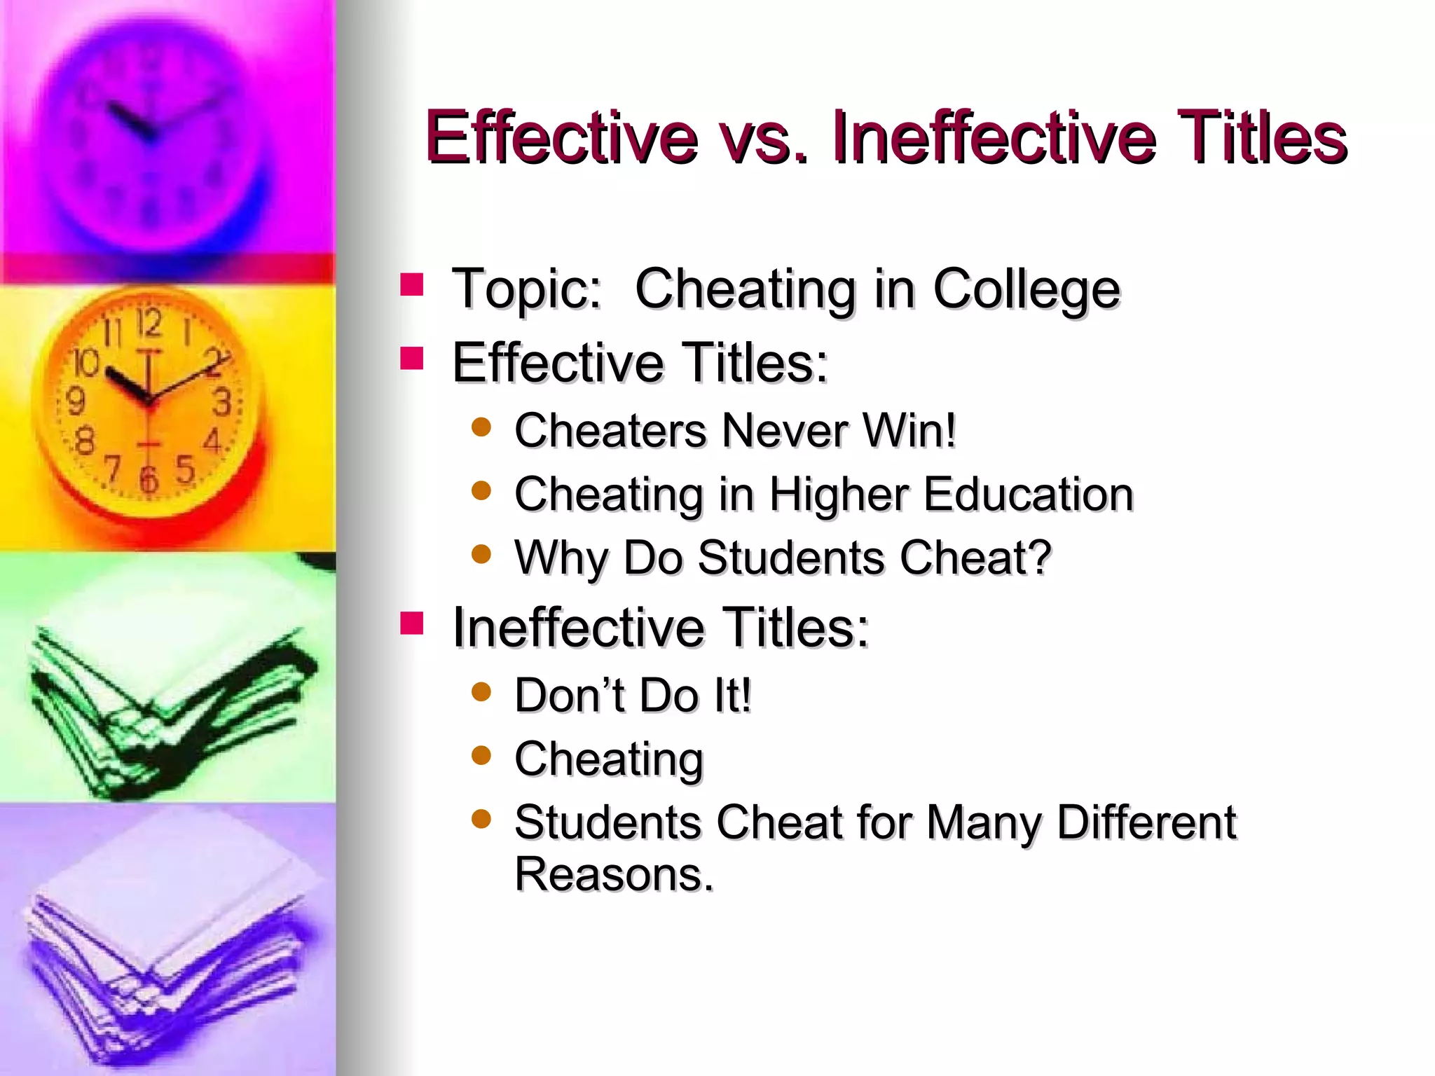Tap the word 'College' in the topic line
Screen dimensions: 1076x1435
[1027, 289]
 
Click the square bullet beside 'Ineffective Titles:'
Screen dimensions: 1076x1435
[412, 623]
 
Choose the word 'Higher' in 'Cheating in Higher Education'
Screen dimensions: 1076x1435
[839, 495]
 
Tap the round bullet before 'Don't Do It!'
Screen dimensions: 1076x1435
[481, 692]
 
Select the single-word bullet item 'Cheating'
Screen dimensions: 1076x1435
[609, 759]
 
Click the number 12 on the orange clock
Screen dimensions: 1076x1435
[149, 323]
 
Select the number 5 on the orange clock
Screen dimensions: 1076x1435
[185, 469]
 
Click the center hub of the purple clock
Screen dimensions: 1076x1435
[149, 134]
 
